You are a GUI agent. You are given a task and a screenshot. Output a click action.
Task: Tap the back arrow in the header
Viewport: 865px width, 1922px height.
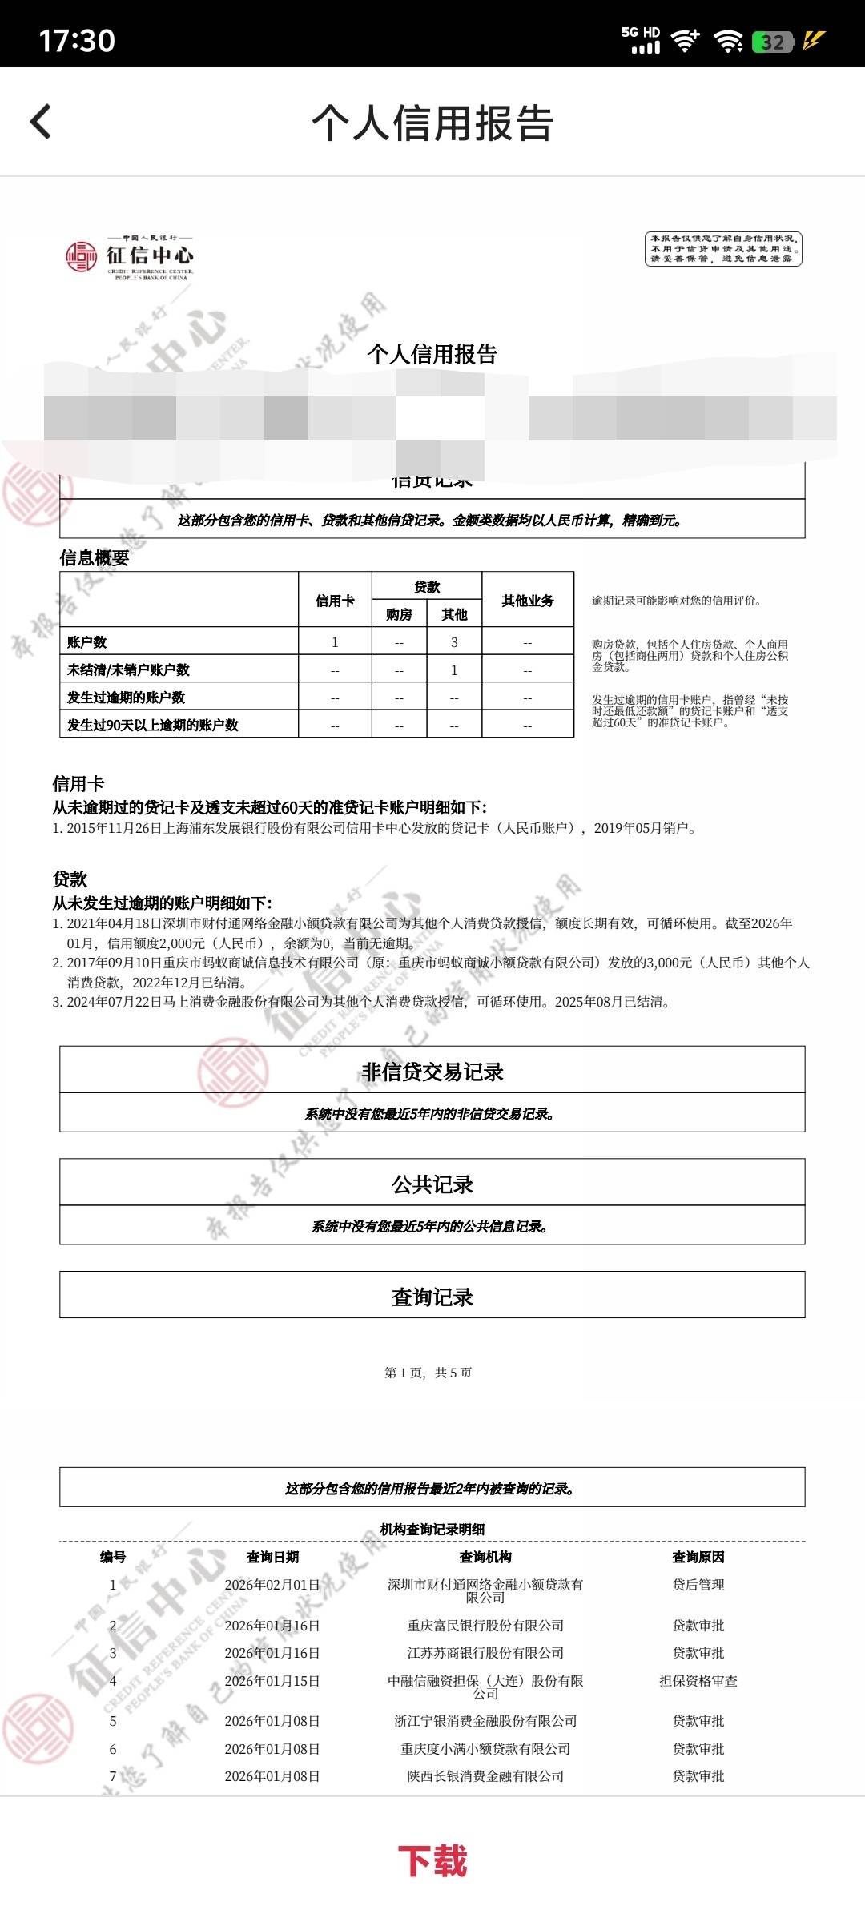click(x=41, y=122)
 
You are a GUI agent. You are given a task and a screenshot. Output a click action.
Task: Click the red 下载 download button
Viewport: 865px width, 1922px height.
click(x=432, y=1860)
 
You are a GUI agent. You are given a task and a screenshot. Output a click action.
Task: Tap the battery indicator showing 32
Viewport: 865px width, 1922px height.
click(x=772, y=42)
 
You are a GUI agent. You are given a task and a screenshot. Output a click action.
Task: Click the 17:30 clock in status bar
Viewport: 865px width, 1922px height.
click(x=77, y=40)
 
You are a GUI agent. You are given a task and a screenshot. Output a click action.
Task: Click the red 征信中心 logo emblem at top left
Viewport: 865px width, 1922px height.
click(x=81, y=256)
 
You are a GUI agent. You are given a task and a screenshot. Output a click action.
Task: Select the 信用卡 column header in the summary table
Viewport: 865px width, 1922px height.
click(x=335, y=601)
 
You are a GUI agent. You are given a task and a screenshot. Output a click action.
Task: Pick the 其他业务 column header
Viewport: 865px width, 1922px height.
click(x=527, y=601)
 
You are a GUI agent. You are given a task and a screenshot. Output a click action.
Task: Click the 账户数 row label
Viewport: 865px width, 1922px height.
click(x=87, y=642)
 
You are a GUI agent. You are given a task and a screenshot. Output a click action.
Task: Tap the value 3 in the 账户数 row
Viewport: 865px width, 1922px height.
click(x=454, y=642)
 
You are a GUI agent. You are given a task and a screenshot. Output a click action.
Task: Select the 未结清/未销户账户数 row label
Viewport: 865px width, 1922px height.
click(x=128, y=669)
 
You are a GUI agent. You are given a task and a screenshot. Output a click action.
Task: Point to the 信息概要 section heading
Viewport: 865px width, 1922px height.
click(x=95, y=558)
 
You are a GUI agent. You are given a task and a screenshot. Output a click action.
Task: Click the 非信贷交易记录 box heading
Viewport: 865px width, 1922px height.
click(x=432, y=1072)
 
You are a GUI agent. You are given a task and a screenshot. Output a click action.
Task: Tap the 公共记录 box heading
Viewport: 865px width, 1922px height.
click(x=432, y=1184)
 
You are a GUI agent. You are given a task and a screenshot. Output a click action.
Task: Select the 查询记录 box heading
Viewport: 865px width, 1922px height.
click(x=432, y=1297)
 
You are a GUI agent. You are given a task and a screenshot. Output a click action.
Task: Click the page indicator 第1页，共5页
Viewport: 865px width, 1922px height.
click(x=428, y=1373)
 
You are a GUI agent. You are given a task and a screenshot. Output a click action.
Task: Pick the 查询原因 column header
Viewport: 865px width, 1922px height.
click(x=698, y=1557)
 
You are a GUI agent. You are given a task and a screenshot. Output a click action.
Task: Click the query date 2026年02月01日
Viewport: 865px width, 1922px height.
click(x=272, y=1585)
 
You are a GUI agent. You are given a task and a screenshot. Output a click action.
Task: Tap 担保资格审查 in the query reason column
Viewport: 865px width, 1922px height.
click(x=698, y=1681)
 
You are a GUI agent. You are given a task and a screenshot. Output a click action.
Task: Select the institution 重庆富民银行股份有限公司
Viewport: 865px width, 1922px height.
click(x=485, y=1626)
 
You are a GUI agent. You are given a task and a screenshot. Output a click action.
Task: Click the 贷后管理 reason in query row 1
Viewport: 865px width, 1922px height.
click(x=698, y=1585)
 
